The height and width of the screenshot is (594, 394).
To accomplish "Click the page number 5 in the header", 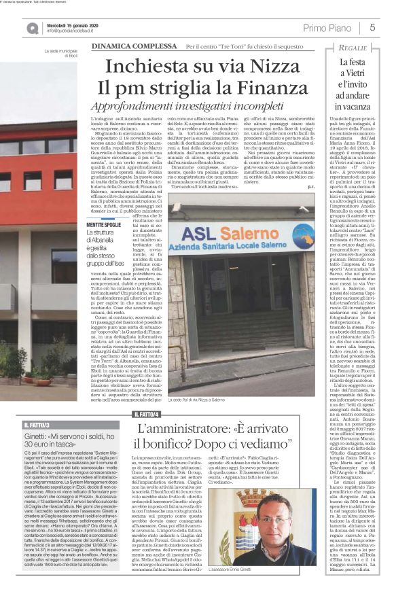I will [x=373, y=27].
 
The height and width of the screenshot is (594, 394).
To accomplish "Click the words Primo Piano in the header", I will [x=328, y=27].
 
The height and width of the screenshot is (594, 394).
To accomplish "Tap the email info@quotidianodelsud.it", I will [x=60, y=31].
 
